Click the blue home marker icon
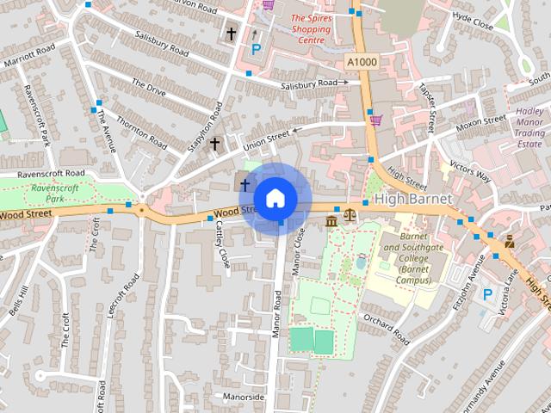click(x=275, y=198)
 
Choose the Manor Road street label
click(x=277, y=313)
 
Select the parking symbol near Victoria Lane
click(x=487, y=294)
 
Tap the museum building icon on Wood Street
click(x=332, y=222)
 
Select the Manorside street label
click(x=242, y=398)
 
